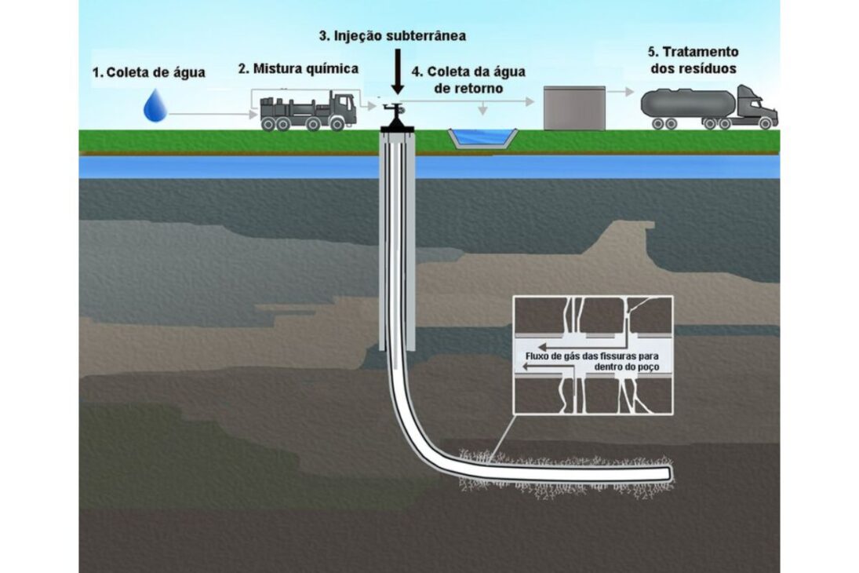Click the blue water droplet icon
tap(155, 105)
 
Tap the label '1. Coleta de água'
tap(148, 73)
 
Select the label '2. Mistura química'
tap(298, 68)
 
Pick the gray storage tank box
tap(574, 108)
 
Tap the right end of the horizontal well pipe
tap(666, 474)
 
